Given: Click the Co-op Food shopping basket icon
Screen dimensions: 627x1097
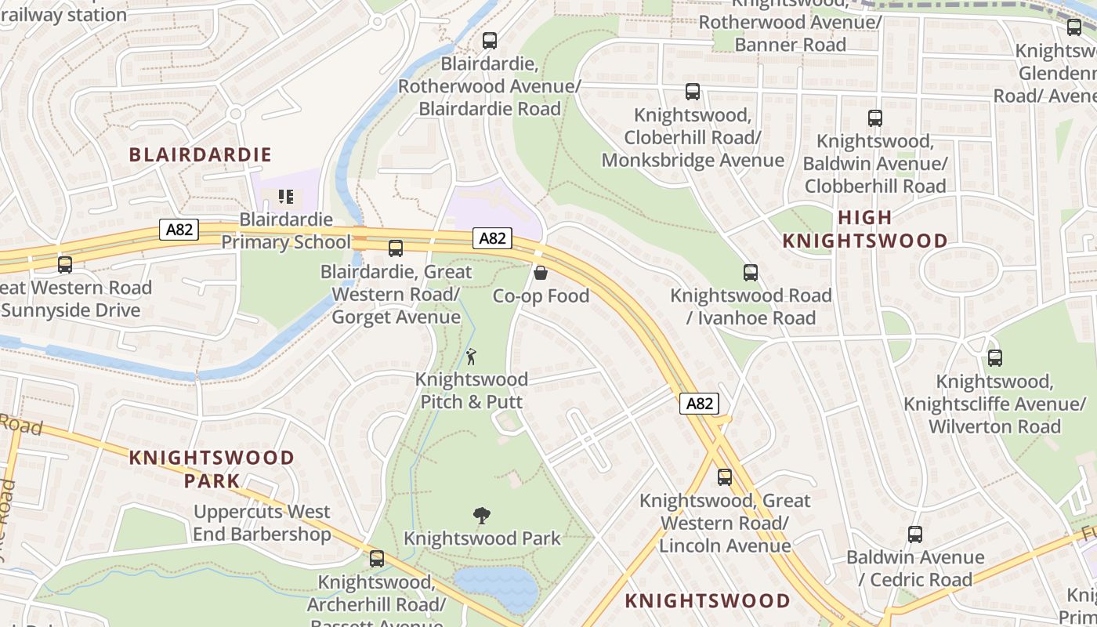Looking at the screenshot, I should (540, 273).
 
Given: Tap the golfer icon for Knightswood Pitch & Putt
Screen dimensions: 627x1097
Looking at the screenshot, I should (471, 357).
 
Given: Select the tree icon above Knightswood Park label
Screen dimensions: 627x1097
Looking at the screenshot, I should (482, 515).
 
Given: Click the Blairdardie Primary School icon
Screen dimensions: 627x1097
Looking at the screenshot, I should (286, 196).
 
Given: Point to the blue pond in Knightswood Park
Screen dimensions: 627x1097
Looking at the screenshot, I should (496, 587).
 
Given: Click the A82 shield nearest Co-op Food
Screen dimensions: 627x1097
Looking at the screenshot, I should (493, 238).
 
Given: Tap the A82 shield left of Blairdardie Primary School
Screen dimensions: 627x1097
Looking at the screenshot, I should (179, 230).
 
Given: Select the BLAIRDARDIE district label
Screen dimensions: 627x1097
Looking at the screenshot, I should (201, 154).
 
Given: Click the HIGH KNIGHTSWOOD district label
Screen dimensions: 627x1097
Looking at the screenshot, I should (865, 229).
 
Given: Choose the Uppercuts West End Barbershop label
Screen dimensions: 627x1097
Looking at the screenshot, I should (262, 524).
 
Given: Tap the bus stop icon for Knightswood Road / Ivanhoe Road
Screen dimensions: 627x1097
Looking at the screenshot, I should (751, 273).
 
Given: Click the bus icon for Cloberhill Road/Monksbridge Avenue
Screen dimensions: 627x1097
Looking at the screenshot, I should (693, 92).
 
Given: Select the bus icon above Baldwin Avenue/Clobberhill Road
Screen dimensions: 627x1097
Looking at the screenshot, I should (875, 118).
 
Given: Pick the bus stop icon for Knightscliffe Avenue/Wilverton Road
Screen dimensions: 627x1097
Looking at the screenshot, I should (995, 358).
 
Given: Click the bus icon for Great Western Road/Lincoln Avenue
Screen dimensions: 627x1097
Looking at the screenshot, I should (725, 477).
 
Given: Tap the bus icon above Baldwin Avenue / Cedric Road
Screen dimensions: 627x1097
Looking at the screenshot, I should (915, 535).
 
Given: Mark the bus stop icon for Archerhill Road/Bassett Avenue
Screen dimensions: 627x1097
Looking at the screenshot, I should (377, 559).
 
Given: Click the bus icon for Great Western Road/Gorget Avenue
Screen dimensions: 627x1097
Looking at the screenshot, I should (396, 248).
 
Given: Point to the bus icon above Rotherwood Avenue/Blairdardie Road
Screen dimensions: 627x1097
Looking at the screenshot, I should (490, 41).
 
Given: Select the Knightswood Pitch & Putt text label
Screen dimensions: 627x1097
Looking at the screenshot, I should (471, 390).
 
